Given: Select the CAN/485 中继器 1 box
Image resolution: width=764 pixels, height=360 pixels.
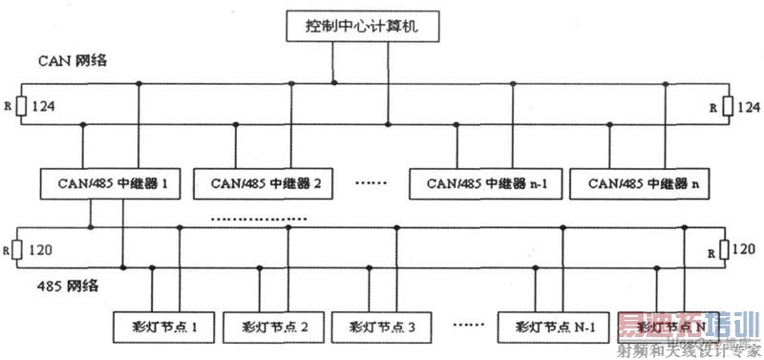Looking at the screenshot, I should pyautogui.click(x=111, y=181).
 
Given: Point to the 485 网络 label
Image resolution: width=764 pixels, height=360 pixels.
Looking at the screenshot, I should pyautogui.click(x=59, y=285).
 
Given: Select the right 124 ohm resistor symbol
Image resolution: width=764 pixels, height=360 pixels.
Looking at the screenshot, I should pyautogui.click(x=727, y=106).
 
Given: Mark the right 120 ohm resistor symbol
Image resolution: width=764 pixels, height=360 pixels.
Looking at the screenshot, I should pyautogui.click(x=725, y=250).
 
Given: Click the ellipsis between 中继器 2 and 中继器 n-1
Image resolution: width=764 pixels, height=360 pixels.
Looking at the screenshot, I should pyautogui.click(x=370, y=181).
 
